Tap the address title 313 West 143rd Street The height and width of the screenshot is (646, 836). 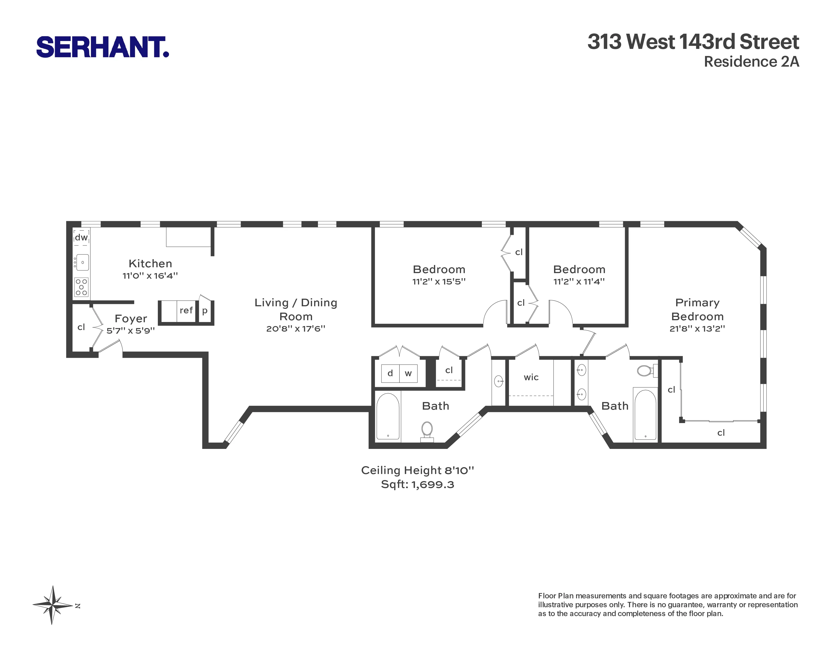click(x=693, y=42)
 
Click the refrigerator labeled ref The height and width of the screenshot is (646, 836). click(x=186, y=310)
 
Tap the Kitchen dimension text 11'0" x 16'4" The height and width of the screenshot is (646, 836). click(x=150, y=276)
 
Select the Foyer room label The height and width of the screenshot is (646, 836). click(x=130, y=318)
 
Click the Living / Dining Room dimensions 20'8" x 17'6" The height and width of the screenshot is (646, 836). click(x=295, y=328)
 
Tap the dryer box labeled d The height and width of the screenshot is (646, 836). click(x=390, y=373)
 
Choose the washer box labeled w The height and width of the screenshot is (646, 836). click(x=408, y=373)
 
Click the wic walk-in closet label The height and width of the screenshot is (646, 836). click(x=531, y=377)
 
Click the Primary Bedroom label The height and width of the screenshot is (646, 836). click(x=697, y=309)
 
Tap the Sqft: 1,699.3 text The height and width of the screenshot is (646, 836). click(x=417, y=484)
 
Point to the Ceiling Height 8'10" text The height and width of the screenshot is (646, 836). click(x=417, y=470)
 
